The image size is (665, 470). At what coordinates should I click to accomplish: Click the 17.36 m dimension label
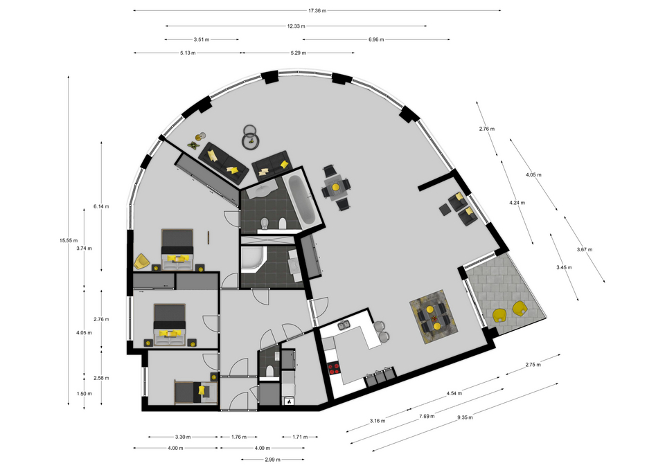tap(317, 10)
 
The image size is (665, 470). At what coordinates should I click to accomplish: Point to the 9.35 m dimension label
tap(465, 417)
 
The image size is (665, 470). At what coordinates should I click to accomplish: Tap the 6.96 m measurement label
tap(376, 39)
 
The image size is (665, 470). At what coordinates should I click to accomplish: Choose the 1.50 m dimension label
tap(84, 394)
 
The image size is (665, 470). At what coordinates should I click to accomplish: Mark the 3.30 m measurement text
tap(183, 437)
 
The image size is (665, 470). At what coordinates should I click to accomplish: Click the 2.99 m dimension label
tap(273, 460)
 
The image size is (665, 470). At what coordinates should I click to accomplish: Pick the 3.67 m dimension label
tap(585, 250)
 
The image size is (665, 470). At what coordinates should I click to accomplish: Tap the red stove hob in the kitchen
tap(334, 369)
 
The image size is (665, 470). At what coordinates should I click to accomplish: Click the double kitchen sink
tap(344, 325)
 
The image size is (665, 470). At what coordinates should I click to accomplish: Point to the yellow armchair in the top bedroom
tap(141, 261)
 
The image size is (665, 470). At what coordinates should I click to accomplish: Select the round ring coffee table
tap(250, 137)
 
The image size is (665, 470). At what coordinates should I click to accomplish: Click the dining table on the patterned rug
tap(433, 316)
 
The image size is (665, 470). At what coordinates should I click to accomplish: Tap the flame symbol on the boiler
tap(289, 401)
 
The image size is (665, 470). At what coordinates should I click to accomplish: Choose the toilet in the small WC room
tap(269, 372)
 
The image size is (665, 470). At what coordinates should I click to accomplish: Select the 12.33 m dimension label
tap(296, 26)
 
